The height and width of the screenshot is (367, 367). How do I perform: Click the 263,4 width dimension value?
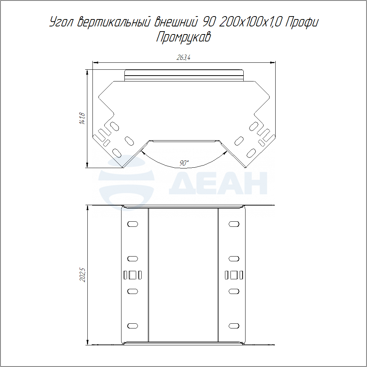(x=183, y=57)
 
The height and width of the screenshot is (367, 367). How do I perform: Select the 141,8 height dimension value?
(x=82, y=119)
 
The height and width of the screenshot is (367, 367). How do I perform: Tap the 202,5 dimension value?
(x=83, y=275)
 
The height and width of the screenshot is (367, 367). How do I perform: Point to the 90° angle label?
(x=184, y=163)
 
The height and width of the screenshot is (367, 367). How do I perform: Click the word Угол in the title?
(x=62, y=22)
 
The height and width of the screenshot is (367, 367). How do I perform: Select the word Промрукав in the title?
(x=183, y=37)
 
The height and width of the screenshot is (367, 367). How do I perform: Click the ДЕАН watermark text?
(x=218, y=183)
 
